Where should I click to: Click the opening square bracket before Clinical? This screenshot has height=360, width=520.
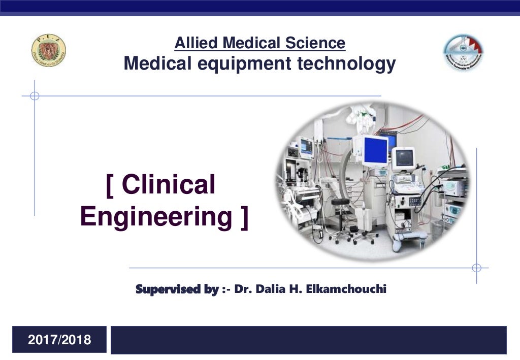110,184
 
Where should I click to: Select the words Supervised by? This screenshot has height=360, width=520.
177,289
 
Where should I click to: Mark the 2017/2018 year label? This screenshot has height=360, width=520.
59,340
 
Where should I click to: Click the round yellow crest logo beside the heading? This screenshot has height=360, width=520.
49,51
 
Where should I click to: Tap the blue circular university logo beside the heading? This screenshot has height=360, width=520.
463,52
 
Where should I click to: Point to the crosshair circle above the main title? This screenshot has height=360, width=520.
35,95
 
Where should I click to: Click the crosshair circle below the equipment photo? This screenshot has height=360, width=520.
476,268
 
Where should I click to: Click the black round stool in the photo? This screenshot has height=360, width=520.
340,203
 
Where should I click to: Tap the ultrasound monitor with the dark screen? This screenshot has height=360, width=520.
404,158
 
